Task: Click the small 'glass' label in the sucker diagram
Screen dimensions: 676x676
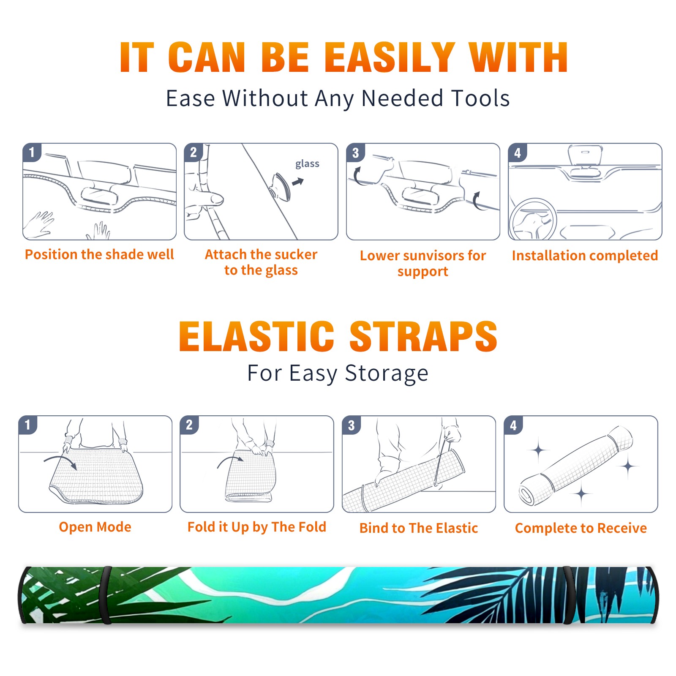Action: [x=307, y=164]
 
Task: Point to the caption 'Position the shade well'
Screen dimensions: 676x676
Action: [x=99, y=254]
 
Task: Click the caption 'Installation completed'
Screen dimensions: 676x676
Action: [x=585, y=256]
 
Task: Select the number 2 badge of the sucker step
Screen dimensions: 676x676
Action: [x=194, y=152]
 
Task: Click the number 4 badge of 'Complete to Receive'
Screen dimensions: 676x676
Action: [x=513, y=425]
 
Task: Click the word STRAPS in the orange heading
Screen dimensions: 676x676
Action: [x=423, y=336]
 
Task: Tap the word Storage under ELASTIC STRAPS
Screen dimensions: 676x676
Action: [x=387, y=373]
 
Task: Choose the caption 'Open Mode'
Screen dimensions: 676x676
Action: [x=95, y=527]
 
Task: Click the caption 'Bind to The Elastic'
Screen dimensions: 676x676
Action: [x=419, y=528]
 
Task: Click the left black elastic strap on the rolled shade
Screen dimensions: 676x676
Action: [x=106, y=595]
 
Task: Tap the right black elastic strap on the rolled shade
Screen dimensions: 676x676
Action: [x=569, y=595]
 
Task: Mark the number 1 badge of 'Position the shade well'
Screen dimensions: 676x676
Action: [x=32, y=152]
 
